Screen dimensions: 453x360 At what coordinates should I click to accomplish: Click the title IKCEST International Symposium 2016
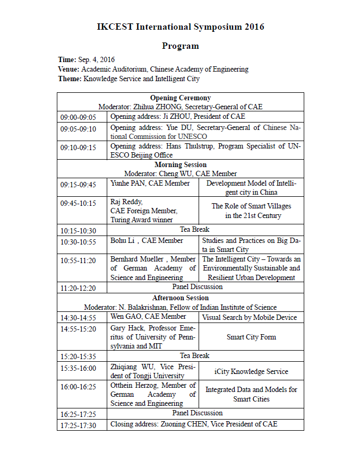tap(180, 27)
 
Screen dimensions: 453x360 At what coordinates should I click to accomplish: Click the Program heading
tap(180, 46)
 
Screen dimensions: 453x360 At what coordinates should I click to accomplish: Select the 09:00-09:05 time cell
tap(78, 117)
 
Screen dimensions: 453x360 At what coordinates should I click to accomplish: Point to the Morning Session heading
tap(180, 165)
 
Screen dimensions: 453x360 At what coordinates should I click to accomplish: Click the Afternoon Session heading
tap(180, 298)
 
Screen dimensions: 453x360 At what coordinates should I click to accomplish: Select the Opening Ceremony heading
tap(180, 98)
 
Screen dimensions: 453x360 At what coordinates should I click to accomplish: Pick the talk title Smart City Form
tap(251, 337)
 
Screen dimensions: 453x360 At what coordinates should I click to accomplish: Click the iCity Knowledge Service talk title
tap(251, 371)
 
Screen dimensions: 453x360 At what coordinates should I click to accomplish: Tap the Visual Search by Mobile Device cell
tap(251, 317)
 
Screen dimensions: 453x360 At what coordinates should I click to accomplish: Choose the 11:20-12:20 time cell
tap(78, 288)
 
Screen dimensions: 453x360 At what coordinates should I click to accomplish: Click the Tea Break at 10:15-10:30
tap(194, 230)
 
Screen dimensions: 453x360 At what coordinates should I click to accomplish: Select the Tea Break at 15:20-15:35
tap(194, 355)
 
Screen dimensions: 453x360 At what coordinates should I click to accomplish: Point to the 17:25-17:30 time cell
tap(78, 425)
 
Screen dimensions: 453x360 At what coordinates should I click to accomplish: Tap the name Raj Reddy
tap(126, 202)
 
